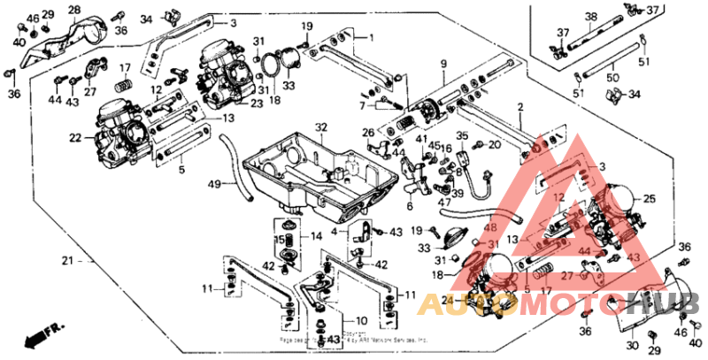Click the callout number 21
click(x=66, y=261)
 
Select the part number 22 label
click(x=75, y=138)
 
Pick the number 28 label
click(x=73, y=10)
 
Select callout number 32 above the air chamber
click(x=320, y=127)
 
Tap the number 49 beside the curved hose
click(x=213, y=184)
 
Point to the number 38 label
click(x=591, y=15)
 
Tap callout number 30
click(x=633, y=345)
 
